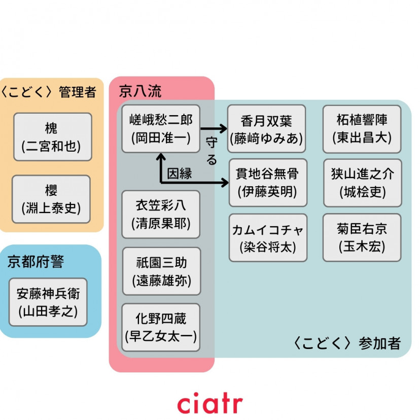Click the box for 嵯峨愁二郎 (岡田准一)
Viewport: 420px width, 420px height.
pyautogui.click(x=161, y=129)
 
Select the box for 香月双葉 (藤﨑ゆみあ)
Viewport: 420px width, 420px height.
pyautogui.click(x=266, y=129)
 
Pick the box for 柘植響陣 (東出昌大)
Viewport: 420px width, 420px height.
pyautogui.click(x=362, y=129)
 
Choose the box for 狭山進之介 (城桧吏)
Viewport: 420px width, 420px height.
pyautogui.click(x=362, y=183)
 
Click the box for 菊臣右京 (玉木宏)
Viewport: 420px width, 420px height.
pyautogui.click(x=362, y=237)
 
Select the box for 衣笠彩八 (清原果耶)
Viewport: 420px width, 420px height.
pyautogui.click(x=161, y=214)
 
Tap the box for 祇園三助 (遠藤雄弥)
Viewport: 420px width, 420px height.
pyautogui.click(x=161, y=271)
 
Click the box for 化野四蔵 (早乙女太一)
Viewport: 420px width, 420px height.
pyautogui.click(x=161, y=327)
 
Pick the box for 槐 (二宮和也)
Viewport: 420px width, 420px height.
pyautogui.click(x=53, y=137)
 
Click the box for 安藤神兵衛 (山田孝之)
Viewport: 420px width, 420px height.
pyautogui.click(x=48, y=302)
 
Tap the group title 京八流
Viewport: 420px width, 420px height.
pyautogui.click(x=140, y=91)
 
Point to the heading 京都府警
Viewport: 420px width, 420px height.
pyautogui.click(x=36, y=261)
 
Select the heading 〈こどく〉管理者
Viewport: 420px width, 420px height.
pyautogui.click(x=49, y=92)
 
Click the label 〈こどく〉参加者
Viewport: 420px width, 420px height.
pyautogui.click(x=347, y=343)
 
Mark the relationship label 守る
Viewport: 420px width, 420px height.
pyautogui.click(x=212, y=151)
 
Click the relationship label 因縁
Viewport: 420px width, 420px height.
pyautogui.click(x=180, y=173)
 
